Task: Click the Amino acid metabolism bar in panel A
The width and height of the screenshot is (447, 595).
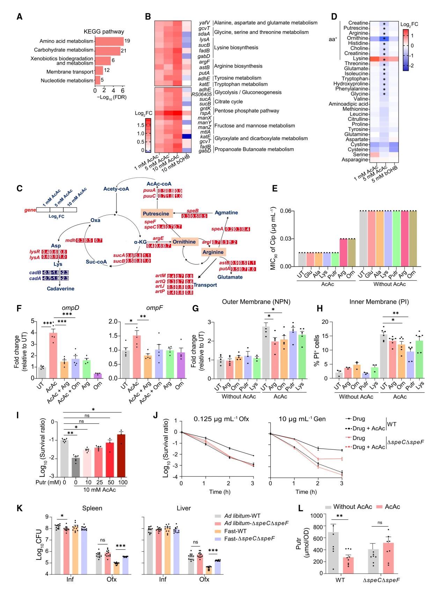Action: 109,41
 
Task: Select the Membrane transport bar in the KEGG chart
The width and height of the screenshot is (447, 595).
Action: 99,71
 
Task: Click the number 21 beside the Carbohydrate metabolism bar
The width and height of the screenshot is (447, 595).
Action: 123,51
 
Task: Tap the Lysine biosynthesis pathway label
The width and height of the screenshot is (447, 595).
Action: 236,48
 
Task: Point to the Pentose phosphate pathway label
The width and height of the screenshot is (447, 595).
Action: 247,111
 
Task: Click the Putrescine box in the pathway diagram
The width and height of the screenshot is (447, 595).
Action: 156,213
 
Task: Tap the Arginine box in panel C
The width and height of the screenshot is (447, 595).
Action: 213,252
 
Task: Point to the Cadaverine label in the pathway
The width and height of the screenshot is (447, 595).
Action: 61,289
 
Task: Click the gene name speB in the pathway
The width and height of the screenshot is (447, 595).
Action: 192,211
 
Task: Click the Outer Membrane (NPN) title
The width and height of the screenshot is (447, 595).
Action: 256,302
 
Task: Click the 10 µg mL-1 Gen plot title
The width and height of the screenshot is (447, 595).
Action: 302,419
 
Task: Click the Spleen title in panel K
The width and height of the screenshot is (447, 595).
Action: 92,508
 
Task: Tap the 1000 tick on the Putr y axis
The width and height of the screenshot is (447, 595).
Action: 316,515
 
